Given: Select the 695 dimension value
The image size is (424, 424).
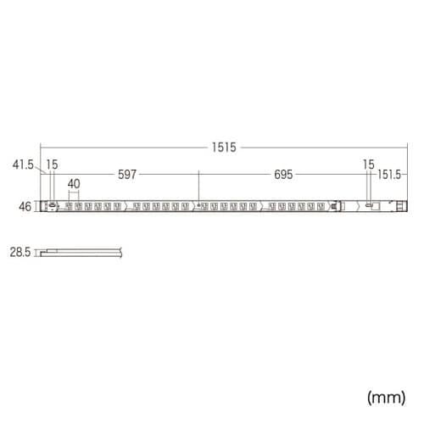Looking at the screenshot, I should (x=283, y=176).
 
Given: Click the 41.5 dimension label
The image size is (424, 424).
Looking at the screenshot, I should (x=23, y=165).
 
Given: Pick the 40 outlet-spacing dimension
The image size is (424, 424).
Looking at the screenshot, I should (x=74, y=182).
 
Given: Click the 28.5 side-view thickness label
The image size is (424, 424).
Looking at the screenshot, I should (x=20, y=252).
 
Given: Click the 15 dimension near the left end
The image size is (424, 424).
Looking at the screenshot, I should (x=53, y=165).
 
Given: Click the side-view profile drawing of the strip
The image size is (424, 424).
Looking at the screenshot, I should (x=81, y=251).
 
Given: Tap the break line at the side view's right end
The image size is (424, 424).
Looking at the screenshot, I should (x=122, y=251).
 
